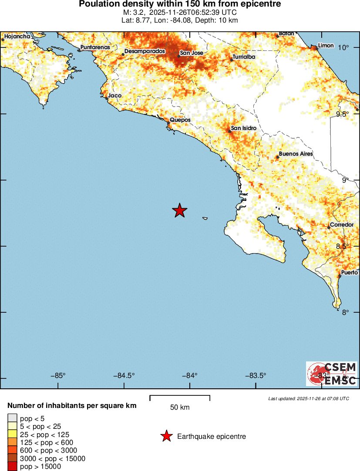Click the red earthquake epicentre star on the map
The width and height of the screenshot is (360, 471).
click(x=179, y=210)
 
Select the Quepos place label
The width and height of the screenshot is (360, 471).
click(x=180, y=120)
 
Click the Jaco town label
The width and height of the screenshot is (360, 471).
click(x=115, y=96)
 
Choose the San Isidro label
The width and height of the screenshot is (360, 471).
click(x=243, y=128)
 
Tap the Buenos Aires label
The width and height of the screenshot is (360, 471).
click(x=296, y=154)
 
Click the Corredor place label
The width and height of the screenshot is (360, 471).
click(x=342, y=225)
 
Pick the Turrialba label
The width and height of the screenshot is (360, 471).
click(x=243, y=57)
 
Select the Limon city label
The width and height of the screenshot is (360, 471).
click(x=326, y=46)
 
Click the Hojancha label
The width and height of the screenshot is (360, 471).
click(x=17, y=37)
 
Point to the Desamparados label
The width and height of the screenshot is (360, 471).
click(x=145, y=51)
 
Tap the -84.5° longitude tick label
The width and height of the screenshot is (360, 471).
click(x=124, y=376)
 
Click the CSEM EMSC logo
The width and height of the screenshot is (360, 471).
click(x=332, y=374)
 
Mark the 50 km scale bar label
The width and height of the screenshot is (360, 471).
click(x=180, y=408)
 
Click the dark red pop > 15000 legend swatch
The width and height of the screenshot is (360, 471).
click(x=12, y=466)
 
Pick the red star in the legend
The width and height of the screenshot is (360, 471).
click(x=166, y=436)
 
